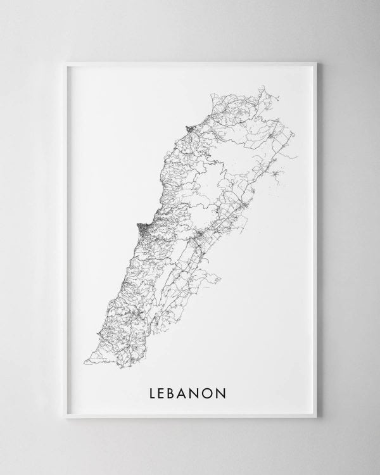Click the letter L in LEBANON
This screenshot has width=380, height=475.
[153, 393]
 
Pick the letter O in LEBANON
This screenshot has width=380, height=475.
[216, 393]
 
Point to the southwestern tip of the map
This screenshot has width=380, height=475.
[85, 362]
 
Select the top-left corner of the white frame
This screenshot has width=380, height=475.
[65, 61]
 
